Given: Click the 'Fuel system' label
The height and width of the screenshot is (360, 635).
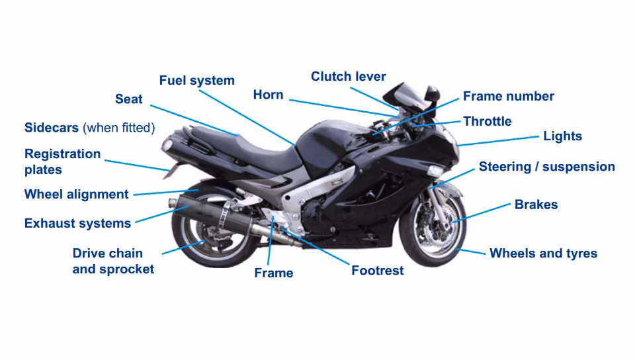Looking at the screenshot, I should click(x=196, y=81).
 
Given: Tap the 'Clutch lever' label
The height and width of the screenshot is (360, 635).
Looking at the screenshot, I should click(x=348, y=77).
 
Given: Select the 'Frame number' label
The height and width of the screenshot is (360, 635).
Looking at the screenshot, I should click(x=508, y=97).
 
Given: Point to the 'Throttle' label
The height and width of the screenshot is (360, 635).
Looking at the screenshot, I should click(x=487, y=122).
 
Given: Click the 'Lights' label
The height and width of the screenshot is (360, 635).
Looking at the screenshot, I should click(x=562, y=136).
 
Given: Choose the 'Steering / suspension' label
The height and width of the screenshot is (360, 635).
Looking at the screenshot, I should click(x=546, y=167).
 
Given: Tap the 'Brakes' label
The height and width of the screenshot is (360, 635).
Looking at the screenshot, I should click(x=536, y=204).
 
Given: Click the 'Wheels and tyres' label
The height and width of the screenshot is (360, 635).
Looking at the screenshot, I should click(x=543, y=253).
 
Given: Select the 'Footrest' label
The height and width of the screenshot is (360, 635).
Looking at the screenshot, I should click(x=377, y=271).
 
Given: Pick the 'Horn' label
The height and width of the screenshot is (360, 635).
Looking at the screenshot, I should click(x=268, y=95).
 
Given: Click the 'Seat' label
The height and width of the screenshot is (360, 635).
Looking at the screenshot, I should click(x=128, y=99).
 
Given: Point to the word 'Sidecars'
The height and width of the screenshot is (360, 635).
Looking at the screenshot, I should click(x=52, y=128).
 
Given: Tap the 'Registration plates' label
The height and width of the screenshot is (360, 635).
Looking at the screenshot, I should click(x=62, y=161).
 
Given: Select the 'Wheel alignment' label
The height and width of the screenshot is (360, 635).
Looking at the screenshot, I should click(x=76, y=195).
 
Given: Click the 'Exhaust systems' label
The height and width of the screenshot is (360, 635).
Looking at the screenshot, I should click(x=77, y=224).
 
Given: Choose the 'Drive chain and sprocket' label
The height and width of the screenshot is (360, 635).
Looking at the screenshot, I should click(x=112, y=261).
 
